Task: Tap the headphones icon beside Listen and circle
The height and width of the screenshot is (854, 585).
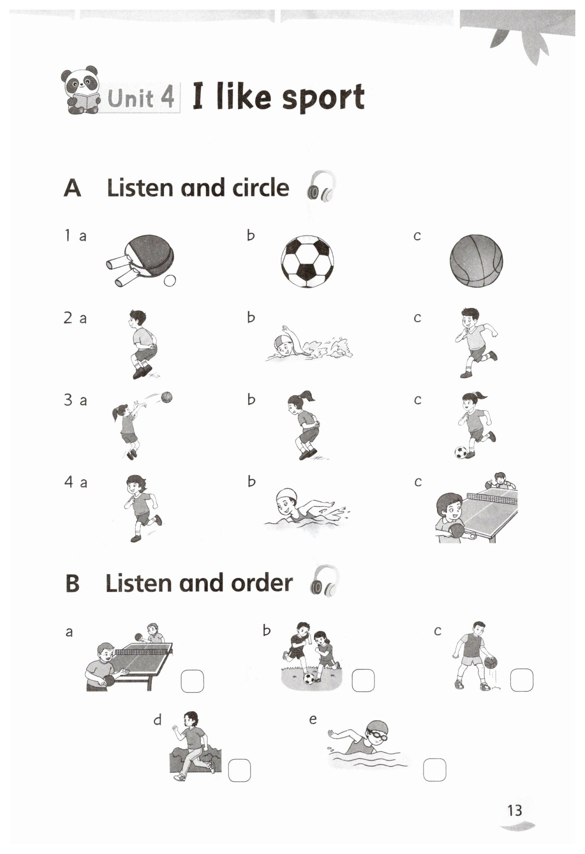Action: coord(321,186)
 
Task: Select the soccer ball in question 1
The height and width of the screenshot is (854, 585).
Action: coord(307,261)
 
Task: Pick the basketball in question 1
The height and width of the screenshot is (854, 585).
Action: coord(476,261)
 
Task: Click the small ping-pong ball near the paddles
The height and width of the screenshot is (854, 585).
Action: coord(170,281)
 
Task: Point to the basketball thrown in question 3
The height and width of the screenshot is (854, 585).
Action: coord(166,397)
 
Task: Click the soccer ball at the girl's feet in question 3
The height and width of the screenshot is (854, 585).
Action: coord(461,453)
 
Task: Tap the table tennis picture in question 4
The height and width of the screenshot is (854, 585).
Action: coord(476,508)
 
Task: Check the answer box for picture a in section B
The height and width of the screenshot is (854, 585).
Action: coord(192,681)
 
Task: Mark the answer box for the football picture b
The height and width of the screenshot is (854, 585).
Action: coord(363,680)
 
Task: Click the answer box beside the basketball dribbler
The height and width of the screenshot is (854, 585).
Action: coord(522,680)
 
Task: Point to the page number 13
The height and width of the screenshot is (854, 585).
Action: coord(515,810)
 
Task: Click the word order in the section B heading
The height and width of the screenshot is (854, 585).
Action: coord(262,583)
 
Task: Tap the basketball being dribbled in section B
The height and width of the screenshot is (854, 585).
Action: coord(491,663)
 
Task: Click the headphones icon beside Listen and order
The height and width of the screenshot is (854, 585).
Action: coord(325,581)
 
